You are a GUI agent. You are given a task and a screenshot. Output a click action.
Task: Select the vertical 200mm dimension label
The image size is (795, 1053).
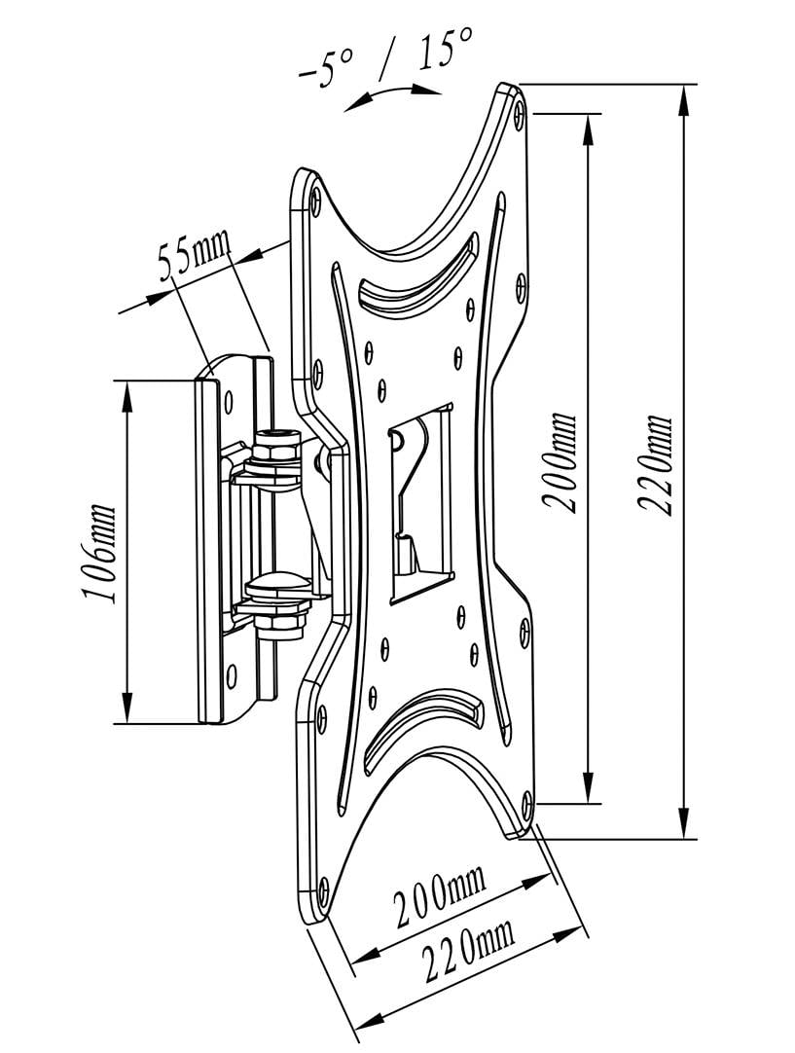[x=561, y=463]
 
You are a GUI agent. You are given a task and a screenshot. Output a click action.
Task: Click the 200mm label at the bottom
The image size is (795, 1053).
[x=439, y=899]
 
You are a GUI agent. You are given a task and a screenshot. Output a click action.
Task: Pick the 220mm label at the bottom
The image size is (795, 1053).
[x=467, y=952]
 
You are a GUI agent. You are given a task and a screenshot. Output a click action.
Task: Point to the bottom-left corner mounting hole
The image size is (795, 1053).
[x=320, y=887]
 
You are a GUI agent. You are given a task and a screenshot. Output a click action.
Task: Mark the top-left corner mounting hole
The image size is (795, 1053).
[x=315, y=200]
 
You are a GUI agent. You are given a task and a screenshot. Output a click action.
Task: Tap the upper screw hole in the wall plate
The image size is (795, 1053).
[x=231, y=400]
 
